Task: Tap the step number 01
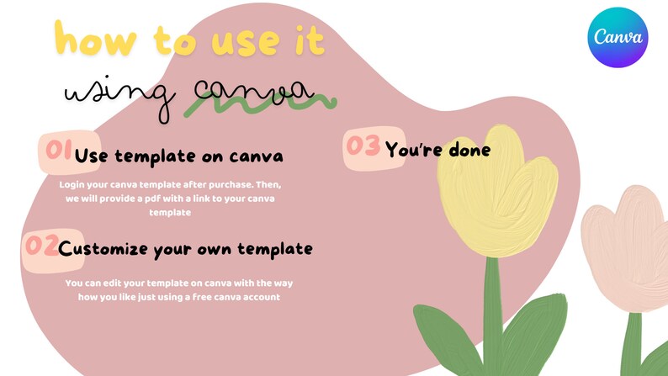(56, 151)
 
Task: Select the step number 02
(40, 246)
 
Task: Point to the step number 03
(363, 146)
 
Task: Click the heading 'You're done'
(437, 150)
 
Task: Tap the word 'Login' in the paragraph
(73, 183)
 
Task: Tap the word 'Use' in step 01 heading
(92, 156)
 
